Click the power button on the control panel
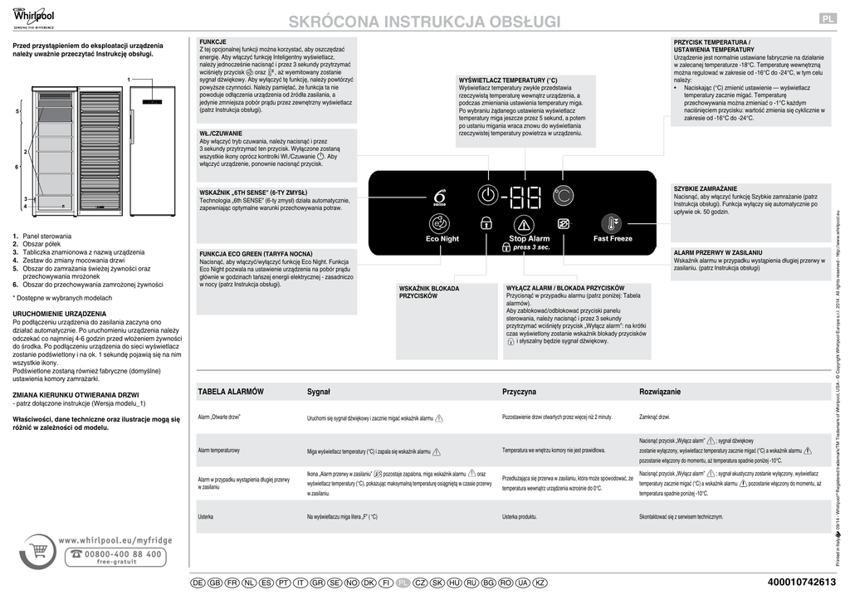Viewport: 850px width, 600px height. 489,196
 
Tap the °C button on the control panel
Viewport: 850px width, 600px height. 563,196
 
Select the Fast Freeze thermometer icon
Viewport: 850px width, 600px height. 613,224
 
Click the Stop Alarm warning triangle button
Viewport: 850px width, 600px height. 524,224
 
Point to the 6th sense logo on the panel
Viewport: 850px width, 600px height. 440,197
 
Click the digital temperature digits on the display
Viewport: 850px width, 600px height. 525,197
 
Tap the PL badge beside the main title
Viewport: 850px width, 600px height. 828,20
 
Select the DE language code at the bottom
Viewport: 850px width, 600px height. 198,583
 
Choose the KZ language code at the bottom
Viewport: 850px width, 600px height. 540,583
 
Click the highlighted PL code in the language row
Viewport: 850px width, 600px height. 403,583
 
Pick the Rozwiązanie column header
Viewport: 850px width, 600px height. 660,391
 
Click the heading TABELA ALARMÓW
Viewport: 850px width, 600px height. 231,391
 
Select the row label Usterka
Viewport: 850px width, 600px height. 206,517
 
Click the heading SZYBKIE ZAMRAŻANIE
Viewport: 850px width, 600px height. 706,189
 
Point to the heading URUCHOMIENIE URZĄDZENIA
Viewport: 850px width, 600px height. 59,314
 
